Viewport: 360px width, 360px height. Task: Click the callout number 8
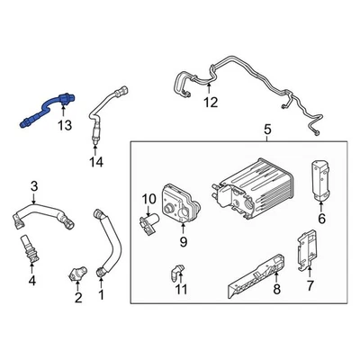277,290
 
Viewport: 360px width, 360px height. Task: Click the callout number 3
34,186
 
